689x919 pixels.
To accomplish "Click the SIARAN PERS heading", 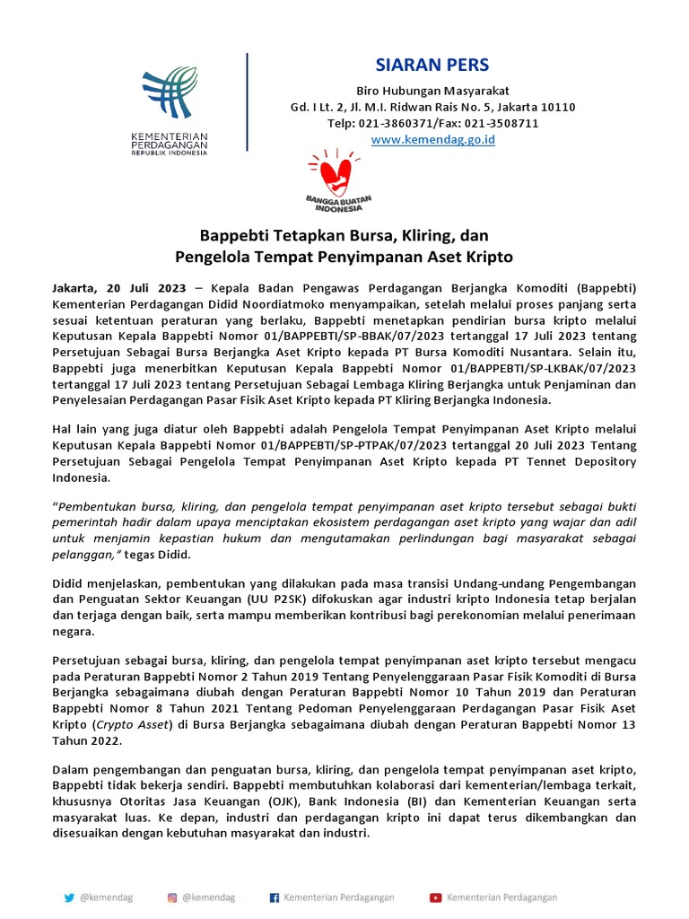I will click(432, 66).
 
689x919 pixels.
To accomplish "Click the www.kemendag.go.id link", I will click(432, 139).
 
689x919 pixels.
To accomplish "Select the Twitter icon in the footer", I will click(69, 897).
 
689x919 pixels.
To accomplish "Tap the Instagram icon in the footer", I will click(171, 897).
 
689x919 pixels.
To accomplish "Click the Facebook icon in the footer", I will click(275, 897).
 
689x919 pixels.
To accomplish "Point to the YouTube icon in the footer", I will click(435, 897).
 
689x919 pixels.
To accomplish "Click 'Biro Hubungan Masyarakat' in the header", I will click(432, 91).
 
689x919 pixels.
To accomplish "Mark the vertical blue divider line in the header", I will click(247, 101).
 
